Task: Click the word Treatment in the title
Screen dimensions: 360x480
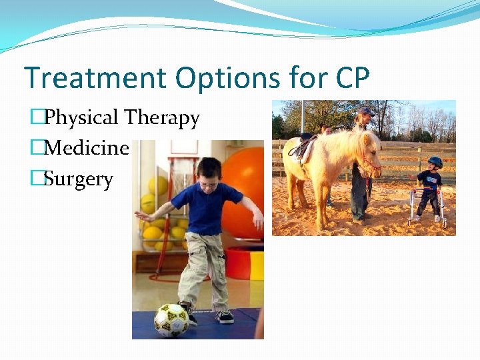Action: pos(95,78)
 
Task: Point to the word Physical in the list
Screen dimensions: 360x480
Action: pos(81,118)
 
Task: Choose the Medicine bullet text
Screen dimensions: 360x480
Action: pos(86,148)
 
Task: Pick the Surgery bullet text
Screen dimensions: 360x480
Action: pos(79,179)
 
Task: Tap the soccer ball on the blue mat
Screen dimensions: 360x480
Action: pos(171,320)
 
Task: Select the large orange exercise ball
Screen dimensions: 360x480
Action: pos(243,193)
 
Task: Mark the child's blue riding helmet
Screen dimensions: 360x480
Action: pos(435,161)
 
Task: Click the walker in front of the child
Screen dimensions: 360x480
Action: pos(427,203)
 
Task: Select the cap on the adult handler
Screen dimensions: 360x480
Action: pos(365,111)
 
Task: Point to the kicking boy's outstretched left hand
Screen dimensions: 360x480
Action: pos(139,216)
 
